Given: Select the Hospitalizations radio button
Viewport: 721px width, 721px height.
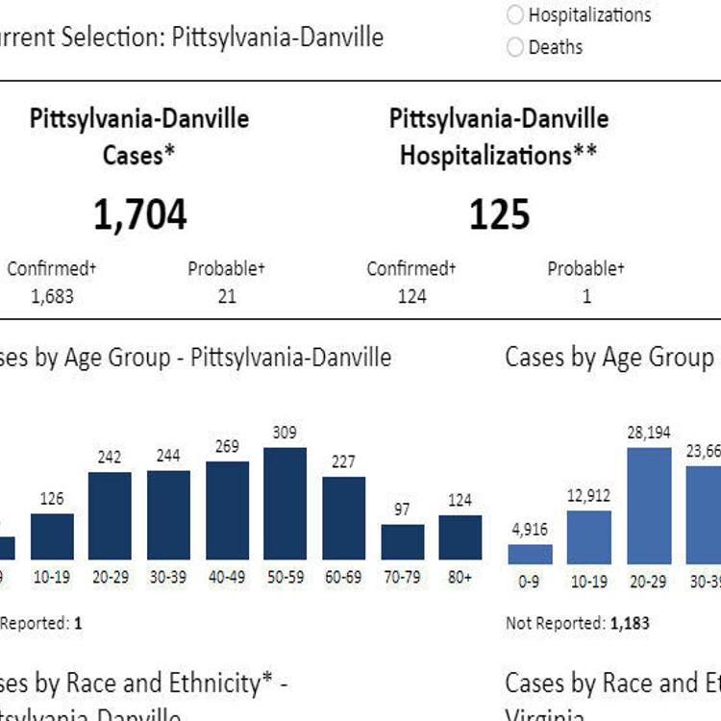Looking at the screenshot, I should (x=515, y=14).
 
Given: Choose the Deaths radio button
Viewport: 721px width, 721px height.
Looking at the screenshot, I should (x=515, y=46).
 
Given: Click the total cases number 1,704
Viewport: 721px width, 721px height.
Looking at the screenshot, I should (x=139, y=215).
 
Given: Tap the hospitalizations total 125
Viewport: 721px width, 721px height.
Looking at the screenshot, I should (x=500, y=215).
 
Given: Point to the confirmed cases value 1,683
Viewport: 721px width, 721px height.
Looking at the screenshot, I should (x=53, y=296).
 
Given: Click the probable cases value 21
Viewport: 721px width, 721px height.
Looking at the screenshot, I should (x=226, y=296).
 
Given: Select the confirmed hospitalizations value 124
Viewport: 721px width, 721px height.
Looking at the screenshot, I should (x=411, y=296).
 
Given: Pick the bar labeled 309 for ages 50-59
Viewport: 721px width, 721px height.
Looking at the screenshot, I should (x=286, y=504).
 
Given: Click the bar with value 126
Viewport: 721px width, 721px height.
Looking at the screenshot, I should (x=52, y=536).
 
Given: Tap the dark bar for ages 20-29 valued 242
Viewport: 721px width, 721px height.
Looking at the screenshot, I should (x=110, y=516).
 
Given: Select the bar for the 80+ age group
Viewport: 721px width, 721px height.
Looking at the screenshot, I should (x=460, y=537).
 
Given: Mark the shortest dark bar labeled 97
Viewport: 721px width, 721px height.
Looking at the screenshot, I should (x=402, y=542).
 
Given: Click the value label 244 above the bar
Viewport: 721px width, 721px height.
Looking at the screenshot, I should (x=168, y=457).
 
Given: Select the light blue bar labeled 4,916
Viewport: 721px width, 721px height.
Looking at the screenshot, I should (x=530, y=554).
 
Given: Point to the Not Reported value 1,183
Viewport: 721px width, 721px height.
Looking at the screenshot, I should (x=630, y=623).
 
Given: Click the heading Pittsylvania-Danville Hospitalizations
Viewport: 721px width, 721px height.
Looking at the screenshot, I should (x=499, y=137).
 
